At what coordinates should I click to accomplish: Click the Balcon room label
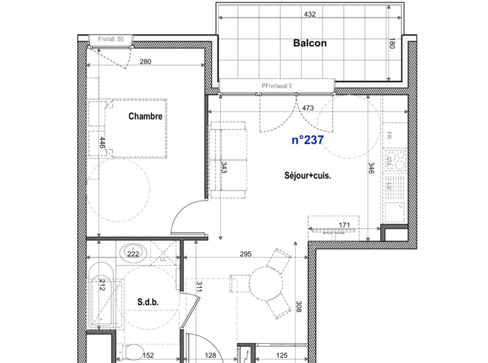coord(310,44)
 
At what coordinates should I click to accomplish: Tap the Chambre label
coord(145,116)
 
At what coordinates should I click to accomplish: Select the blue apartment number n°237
coord(307,140)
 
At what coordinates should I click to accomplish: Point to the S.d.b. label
coord(147,301)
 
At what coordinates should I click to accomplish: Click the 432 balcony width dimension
coord(310,14)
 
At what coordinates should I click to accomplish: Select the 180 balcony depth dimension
coord(391,44)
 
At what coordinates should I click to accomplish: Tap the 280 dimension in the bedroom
coord(145,62)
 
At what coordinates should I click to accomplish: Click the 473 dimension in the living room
coord(307,108)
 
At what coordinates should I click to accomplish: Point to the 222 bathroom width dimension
coord(133,254)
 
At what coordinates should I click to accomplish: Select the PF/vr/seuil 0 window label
coord(277,85)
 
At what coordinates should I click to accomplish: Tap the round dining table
coord(265,283)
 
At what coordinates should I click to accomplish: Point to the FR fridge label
coord(389,136)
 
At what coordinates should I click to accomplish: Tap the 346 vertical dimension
coord(371,169)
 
